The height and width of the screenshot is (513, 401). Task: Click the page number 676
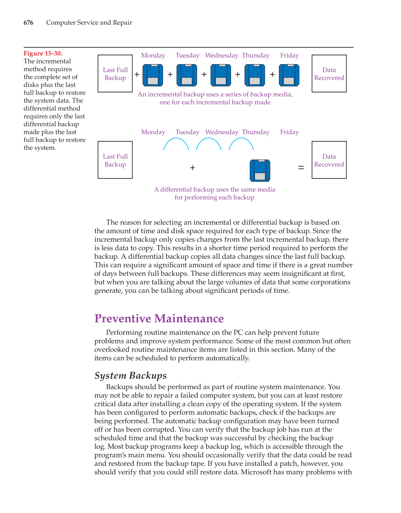pos(28,23)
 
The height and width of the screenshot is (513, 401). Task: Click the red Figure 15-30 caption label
pos(43,53)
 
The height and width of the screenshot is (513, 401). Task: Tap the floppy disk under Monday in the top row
pos(153,75)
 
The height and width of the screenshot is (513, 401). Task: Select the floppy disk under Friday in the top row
pos(289,75)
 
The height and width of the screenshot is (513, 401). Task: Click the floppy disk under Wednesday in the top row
pos(221,75)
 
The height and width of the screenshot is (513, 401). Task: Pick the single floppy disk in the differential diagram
pos(260,170)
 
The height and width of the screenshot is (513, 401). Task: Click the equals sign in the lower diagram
pos(301,168)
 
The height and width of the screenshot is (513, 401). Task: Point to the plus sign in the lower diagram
pos(193,168)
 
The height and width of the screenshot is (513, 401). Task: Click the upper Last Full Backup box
pos(115,74)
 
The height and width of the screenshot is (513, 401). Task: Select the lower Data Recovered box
pos(329,160)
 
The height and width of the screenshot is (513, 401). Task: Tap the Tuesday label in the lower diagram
pos(187,132)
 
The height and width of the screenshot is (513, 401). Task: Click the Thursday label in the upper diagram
pos(256,55)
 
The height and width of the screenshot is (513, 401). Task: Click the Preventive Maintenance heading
pos(159,318)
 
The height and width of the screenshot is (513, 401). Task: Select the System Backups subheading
pos(130,376)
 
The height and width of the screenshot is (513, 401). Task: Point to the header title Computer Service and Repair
pos(89,23)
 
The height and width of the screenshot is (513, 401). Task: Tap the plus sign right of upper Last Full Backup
pos(137,74)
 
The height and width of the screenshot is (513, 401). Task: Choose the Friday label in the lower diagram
pos(289,132)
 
